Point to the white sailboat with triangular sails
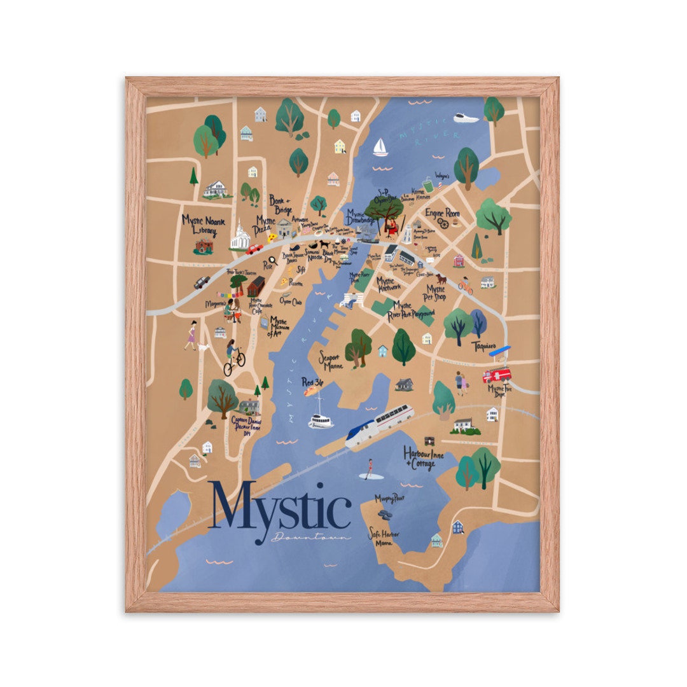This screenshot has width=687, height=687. point(380,148)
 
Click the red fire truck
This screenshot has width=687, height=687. point(497,375)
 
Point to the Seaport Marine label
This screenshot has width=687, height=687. point(331,361)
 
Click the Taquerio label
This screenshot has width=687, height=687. point(484,345)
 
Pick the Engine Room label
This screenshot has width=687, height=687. point(442,214)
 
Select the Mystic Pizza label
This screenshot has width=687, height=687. point(265,225)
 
